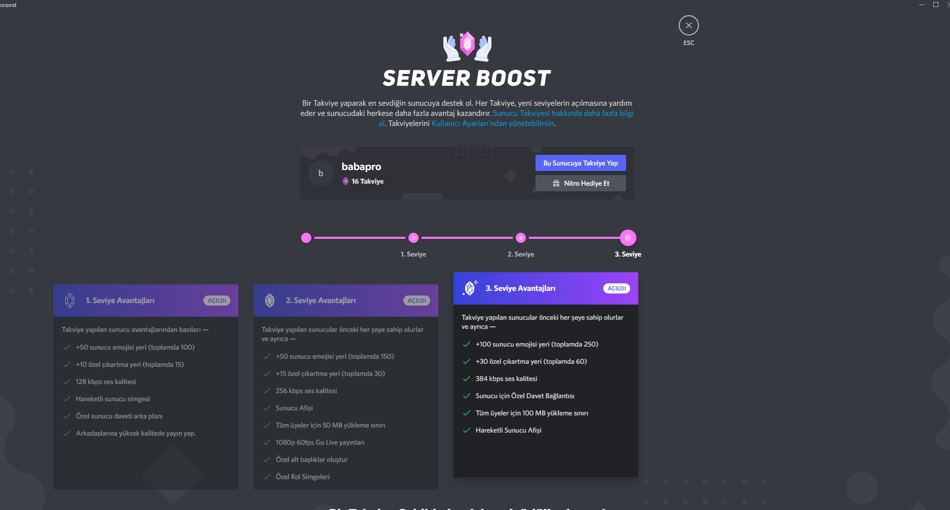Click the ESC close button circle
pyautogui.click(x=688, y=25)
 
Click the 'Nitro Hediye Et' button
pyautogui.click(x=581, y=183)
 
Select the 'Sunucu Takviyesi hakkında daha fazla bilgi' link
pyautogui.click(x=563, y=113)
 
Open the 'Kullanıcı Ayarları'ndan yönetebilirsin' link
pyautogui.click(x=492, y=123)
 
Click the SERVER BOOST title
pyautogui.click(x=467, y=78)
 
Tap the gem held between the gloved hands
pyautogui.click(x=467, y=44)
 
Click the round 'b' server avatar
pyautogui.click(x=321, y=173)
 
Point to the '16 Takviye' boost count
pyautogui.click(x=367, y=181)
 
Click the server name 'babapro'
pyautogui.click(x=361, y=166)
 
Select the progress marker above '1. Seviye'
pyautogui.click(x=414, y=238)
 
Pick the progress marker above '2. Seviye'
pyautogui.click(x=521, y=238)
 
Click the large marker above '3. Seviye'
pyautogui.click(x=628, y=238)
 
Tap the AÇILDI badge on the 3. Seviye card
pyautogui.click(x=616, y=288)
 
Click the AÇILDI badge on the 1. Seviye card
pyautogui.click(x=217, y=301)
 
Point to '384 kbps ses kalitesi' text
pyautogui.click(x=506, y=378)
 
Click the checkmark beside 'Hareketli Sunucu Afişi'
pyautogui.click(x=467, y=430)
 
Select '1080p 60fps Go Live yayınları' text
pyautogui.click(x=320, y=442)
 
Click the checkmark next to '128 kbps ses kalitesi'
pyautogui.click(x=67, y=381)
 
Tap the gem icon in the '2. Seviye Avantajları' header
pyautogui.click(x=270, y=301)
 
